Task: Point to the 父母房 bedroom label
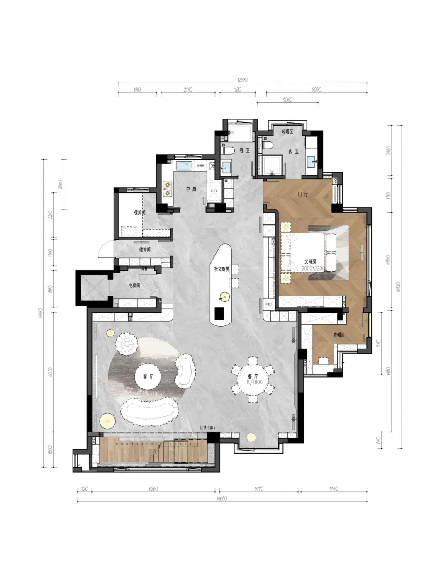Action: [x=310, y=262]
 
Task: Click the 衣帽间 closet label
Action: [x=338, y=335]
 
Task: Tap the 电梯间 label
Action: [x=134, y=285]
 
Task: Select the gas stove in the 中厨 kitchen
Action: [x=167, y=189]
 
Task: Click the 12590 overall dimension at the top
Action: [x=243, y=80]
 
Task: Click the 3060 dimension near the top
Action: [x=287, y=99]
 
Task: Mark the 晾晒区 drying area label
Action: [x=287, y=132]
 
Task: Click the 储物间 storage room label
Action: [x=145, y=250]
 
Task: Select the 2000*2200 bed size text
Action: [x=313, y=269]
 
